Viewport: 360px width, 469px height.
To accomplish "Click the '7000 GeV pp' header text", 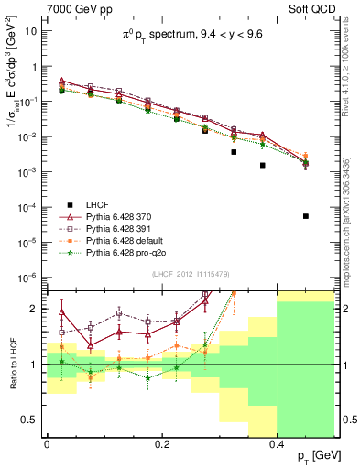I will tap(73, 7).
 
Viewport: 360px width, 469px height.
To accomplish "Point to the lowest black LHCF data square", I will tap(306, 216).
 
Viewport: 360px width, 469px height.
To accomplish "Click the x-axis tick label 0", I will tap(47, 443).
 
